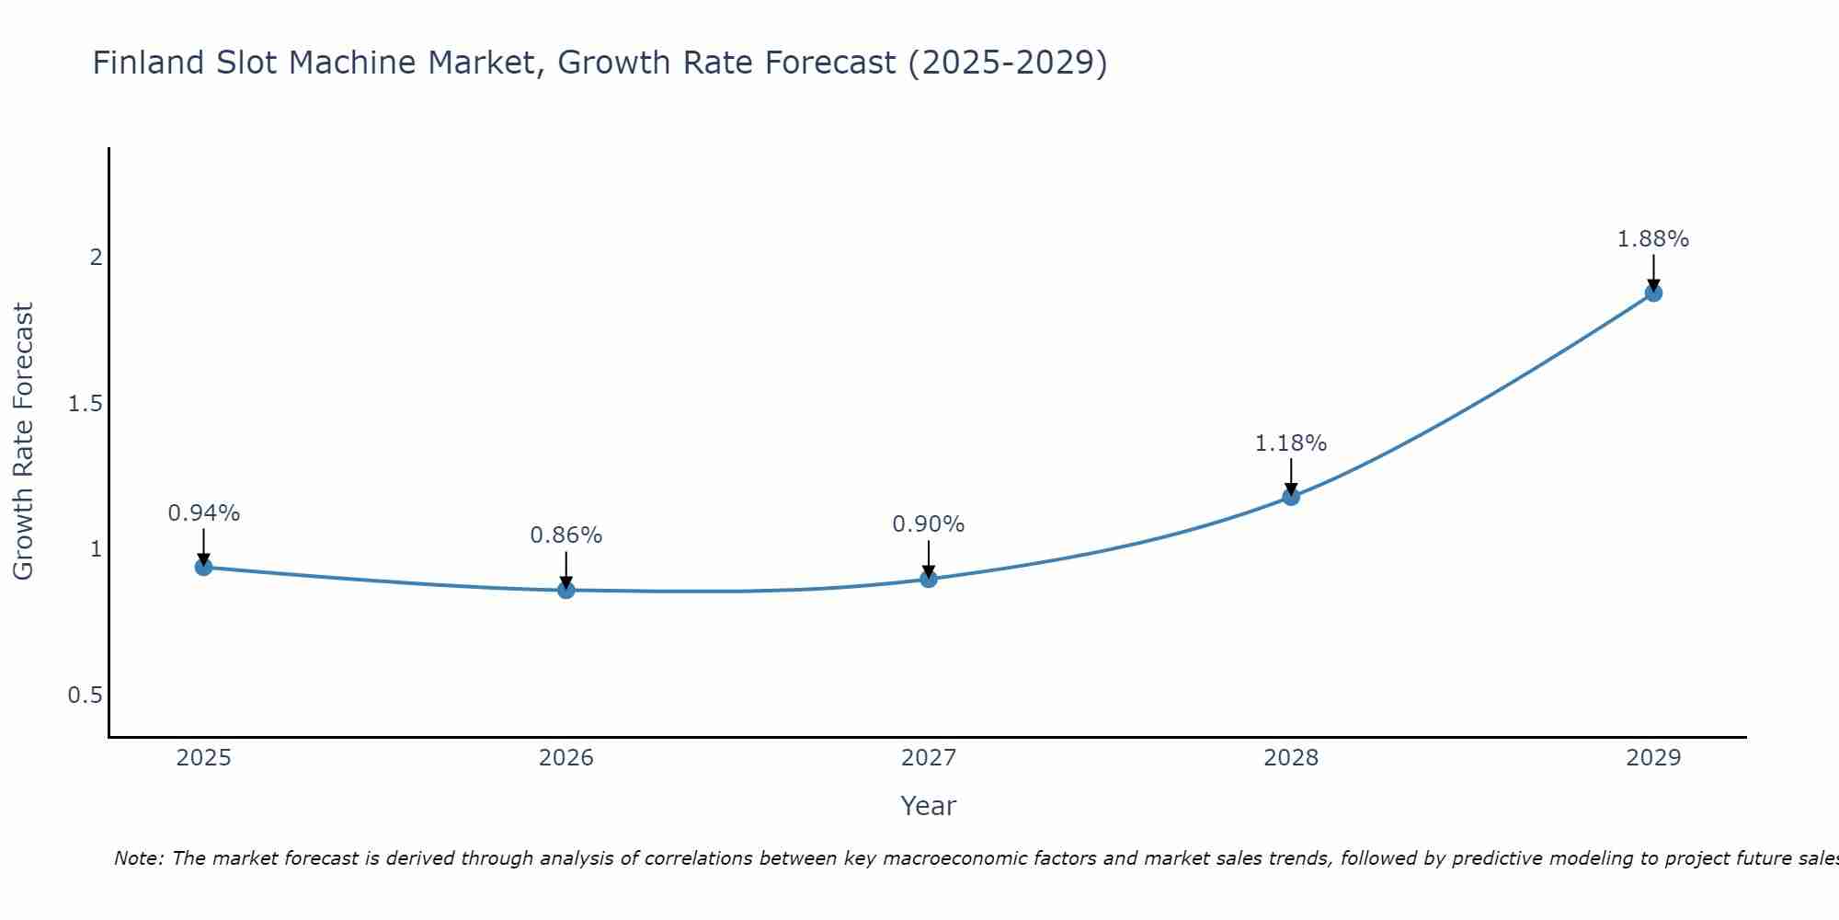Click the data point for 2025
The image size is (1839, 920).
(204, 567)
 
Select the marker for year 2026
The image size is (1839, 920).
(566, 590)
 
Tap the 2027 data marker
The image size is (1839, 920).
(929, 579)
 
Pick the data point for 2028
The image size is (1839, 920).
(1291, 497)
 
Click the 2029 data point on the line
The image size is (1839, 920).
(1653, 293)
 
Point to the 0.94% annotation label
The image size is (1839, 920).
(204, 513)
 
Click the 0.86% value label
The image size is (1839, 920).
(566, 535)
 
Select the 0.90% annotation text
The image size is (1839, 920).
(929, 524)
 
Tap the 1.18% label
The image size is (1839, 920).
(1291, 443)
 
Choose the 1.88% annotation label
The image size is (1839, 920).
(1653, 239)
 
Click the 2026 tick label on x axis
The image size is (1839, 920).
(566, 758)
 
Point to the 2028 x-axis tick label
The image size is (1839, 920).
(1291, 758)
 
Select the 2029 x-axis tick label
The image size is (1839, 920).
(1653, 758)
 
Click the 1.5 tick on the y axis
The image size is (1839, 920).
(86, 404)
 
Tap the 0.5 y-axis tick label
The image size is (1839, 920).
(86, 696)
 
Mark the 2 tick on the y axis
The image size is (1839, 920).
(96, 258)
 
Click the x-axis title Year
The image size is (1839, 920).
(929, 806)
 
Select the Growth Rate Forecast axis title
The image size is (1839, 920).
(24, 442)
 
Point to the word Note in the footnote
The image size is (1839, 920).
(139, 858)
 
